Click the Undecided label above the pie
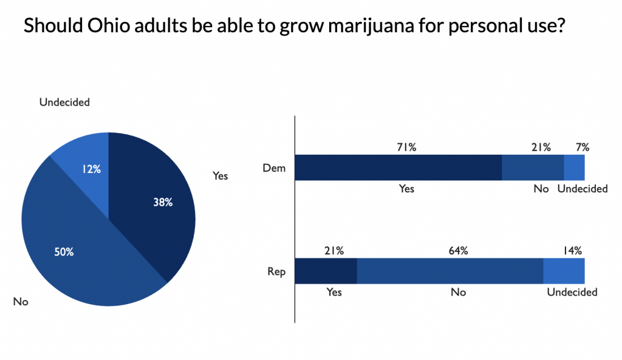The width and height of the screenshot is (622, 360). [x=64, y=102]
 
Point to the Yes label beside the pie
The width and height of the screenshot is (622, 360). [x=220, y=175]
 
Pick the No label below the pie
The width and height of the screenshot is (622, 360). [x=21, y=301]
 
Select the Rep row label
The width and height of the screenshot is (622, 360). [x=277, y=271]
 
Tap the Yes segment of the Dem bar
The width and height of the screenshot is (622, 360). [x=398, y=168]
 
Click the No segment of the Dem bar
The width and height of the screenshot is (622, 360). [x=533, y=168]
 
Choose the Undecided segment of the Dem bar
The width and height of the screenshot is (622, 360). [x=574, y=168]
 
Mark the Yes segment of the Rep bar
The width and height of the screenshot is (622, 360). [x=326, y=271]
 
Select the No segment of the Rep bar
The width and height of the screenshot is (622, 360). [x=449, y=271]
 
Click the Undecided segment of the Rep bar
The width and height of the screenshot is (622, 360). [x=564, y=271]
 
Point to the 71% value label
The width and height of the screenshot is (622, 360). [x=406, y=146]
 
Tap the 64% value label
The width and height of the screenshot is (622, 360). [x=458, y=250]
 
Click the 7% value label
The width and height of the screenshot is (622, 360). [x=582, y=146]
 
